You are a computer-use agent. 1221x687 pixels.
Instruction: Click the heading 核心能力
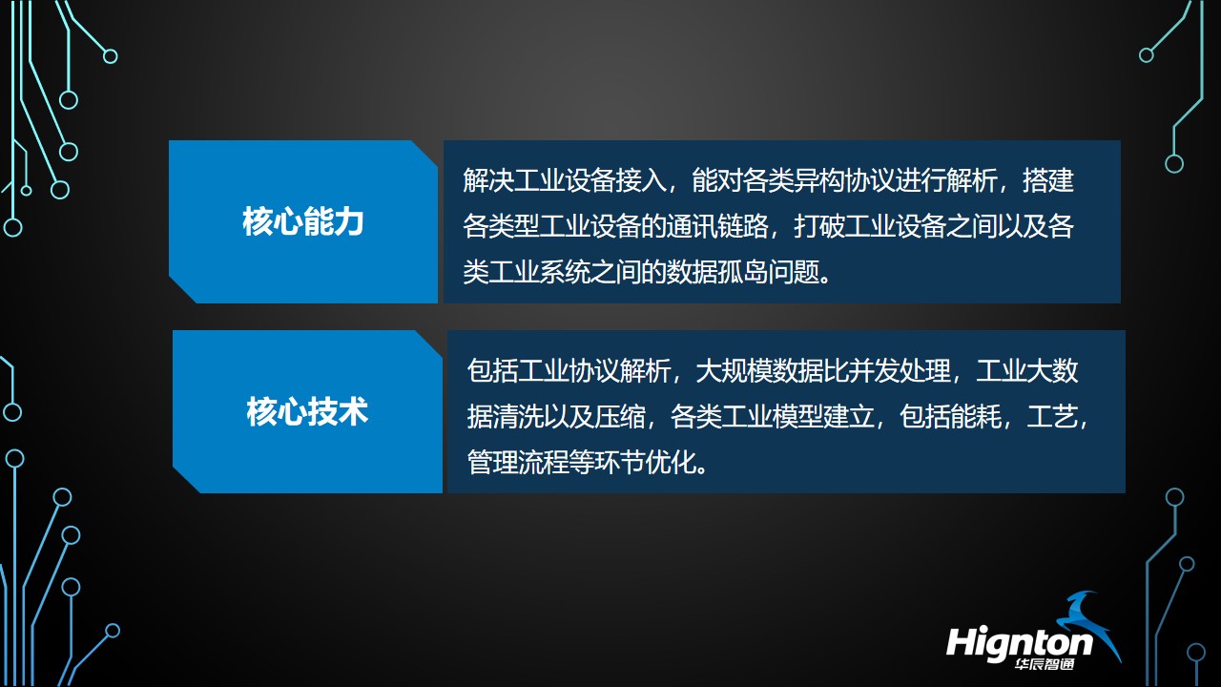pos(303,222)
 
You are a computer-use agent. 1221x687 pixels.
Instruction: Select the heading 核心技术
pos(307,412)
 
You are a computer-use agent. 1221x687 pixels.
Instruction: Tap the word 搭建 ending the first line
pos(1048,180)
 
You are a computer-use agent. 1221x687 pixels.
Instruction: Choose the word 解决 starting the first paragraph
pos(488,180)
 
